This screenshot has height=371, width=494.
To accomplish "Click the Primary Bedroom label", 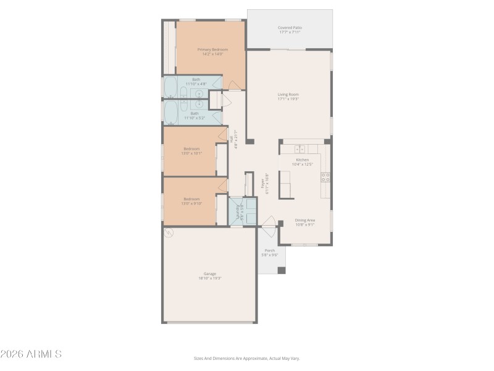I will [x=212, y=49].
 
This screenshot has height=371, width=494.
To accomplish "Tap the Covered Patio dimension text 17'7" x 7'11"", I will [x=290, y=32].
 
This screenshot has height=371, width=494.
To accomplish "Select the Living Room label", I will [x=288, y=95].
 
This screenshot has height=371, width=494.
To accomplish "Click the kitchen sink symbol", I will [x=299, y=149].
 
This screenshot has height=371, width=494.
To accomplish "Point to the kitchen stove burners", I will [x=325, y=177].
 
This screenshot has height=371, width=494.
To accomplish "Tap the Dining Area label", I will [x=304, y=220].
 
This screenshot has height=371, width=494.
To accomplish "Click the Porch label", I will [x=269, y=250].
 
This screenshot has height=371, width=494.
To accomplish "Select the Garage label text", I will [x=210, y=274].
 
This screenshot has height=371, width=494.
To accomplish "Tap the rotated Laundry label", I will [x=236, y=212].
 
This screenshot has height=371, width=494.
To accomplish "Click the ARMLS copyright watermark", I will [x=31, y=354].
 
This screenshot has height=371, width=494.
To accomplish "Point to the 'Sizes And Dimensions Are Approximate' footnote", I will [x=246, y=358].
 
